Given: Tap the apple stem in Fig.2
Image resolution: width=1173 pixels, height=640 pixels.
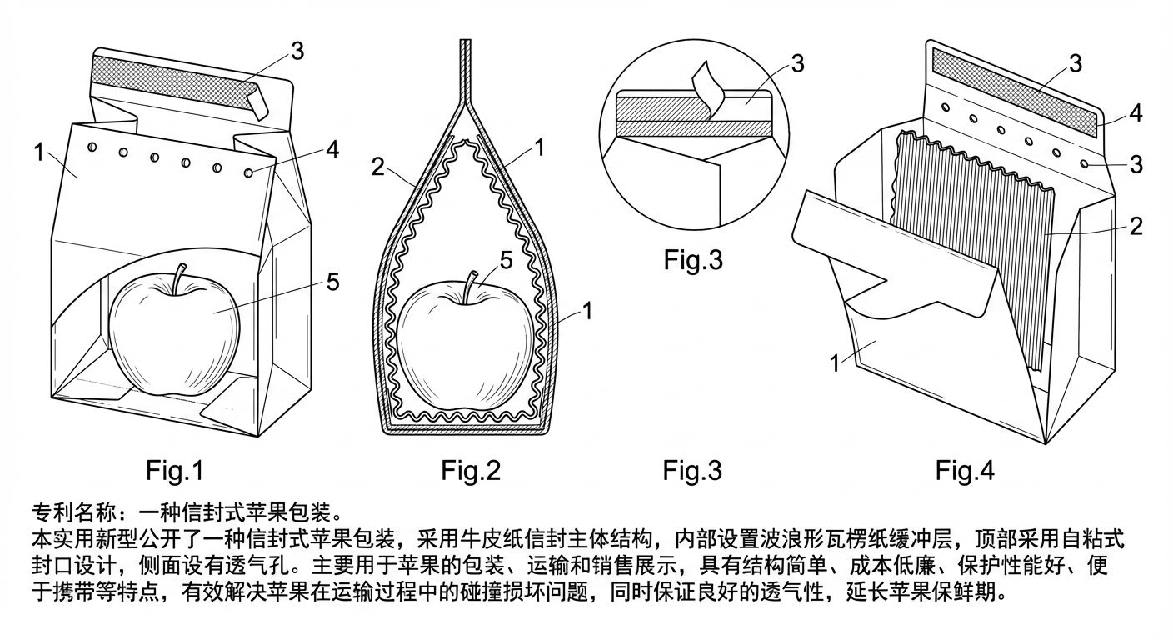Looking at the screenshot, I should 472,280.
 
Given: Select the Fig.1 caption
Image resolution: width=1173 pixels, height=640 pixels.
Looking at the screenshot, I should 174,470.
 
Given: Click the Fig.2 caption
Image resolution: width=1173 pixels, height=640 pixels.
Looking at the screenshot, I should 471,470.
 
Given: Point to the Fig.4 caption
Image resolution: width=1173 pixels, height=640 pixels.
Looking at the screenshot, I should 964,470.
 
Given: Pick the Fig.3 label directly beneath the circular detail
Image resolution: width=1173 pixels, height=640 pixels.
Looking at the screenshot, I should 693,259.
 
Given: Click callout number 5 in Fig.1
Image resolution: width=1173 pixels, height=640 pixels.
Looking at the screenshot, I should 332,282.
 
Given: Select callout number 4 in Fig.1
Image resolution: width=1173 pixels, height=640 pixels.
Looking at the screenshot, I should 332,150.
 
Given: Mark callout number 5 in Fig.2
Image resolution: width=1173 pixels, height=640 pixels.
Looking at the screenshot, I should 505,260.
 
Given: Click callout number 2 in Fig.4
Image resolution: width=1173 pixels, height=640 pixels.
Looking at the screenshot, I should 1135,226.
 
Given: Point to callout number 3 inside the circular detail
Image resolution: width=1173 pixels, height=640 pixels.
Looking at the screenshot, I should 797,63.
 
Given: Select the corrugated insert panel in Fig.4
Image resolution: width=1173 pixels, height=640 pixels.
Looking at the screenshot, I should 966,250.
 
